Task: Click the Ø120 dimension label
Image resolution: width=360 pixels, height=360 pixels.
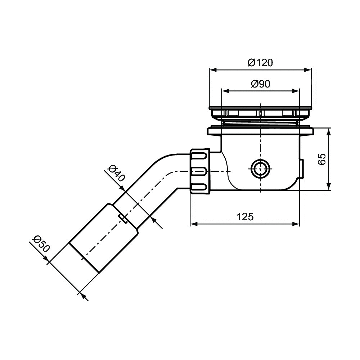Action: [260, 62]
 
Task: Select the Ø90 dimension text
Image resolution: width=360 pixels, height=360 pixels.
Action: [261, 84]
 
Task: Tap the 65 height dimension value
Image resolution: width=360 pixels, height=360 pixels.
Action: [322, 159]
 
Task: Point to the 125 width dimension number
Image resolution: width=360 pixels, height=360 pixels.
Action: [245, 216]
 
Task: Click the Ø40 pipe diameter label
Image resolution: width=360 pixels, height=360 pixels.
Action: [116, 173]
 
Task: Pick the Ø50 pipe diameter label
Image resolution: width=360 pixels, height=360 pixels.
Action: [41, 244]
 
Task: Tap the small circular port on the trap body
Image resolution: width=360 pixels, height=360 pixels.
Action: [261, 168]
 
